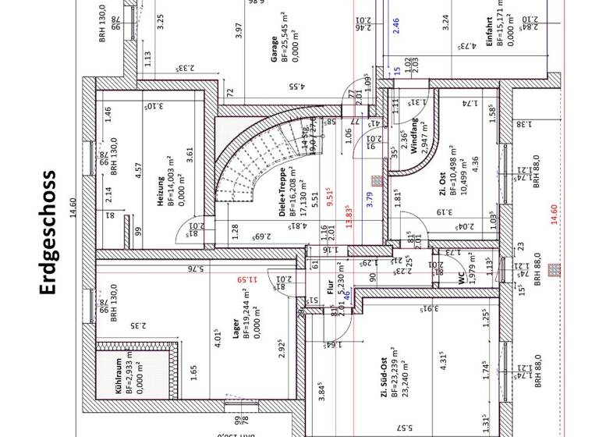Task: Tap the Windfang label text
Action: (415, 137)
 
